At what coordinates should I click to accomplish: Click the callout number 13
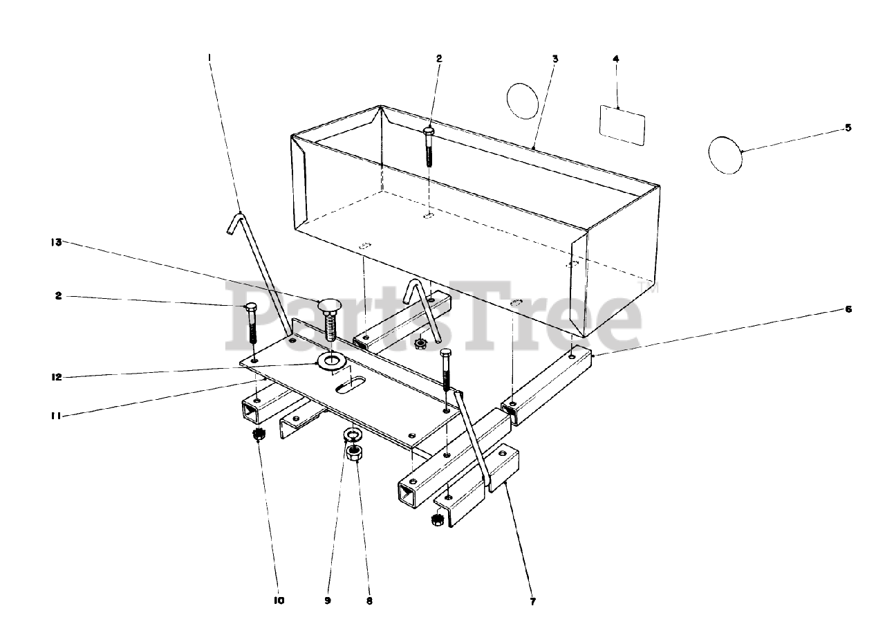click(56, 242)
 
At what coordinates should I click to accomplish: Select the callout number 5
click(848, 127)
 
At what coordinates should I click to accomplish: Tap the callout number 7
click(533, 601)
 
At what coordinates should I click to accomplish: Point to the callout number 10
click(278, 600)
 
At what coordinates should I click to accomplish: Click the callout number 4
click(616, 59)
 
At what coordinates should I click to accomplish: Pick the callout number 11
click(57, 416)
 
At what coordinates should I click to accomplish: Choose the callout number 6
click(848, 309)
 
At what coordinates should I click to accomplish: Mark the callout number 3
click(555, 59)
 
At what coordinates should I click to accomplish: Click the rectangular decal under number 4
click(622, 125)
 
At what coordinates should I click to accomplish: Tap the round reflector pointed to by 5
click(725, 154)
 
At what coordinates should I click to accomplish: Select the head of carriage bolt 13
click(329, 306)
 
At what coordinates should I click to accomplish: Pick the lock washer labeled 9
click(352, 435)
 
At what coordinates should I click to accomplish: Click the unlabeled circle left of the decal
click(522, 101)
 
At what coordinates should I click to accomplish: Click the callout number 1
click(209, 59)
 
